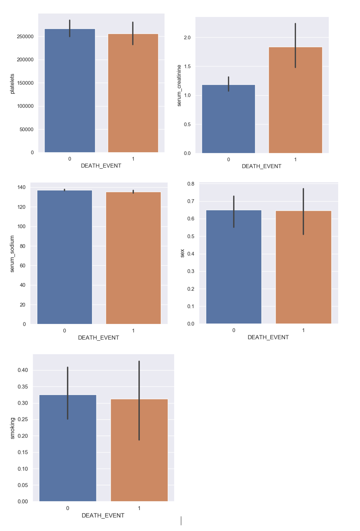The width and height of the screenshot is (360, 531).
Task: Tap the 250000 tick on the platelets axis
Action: point(25,36)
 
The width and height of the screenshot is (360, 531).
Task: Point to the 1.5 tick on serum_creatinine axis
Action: point(187,66)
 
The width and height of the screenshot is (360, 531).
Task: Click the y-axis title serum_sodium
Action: point(12,254)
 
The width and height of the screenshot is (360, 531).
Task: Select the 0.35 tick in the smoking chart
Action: point(22,387)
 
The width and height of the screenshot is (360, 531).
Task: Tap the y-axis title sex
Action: point(182,253)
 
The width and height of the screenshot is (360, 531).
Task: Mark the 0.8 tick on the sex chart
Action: point(191,184)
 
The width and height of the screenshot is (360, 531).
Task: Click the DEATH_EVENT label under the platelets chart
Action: point(101,166)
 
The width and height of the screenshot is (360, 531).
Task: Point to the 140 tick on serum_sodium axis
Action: point(21,187)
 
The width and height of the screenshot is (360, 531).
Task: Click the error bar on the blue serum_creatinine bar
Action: point(228,84)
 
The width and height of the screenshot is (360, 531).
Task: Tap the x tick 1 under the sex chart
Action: point(303,330)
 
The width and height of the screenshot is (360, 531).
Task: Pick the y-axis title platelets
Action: point(12,84)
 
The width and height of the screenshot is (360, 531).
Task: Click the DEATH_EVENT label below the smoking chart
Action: point(103,515)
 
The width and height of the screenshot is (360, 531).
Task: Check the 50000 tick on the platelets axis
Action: point(26,129)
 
